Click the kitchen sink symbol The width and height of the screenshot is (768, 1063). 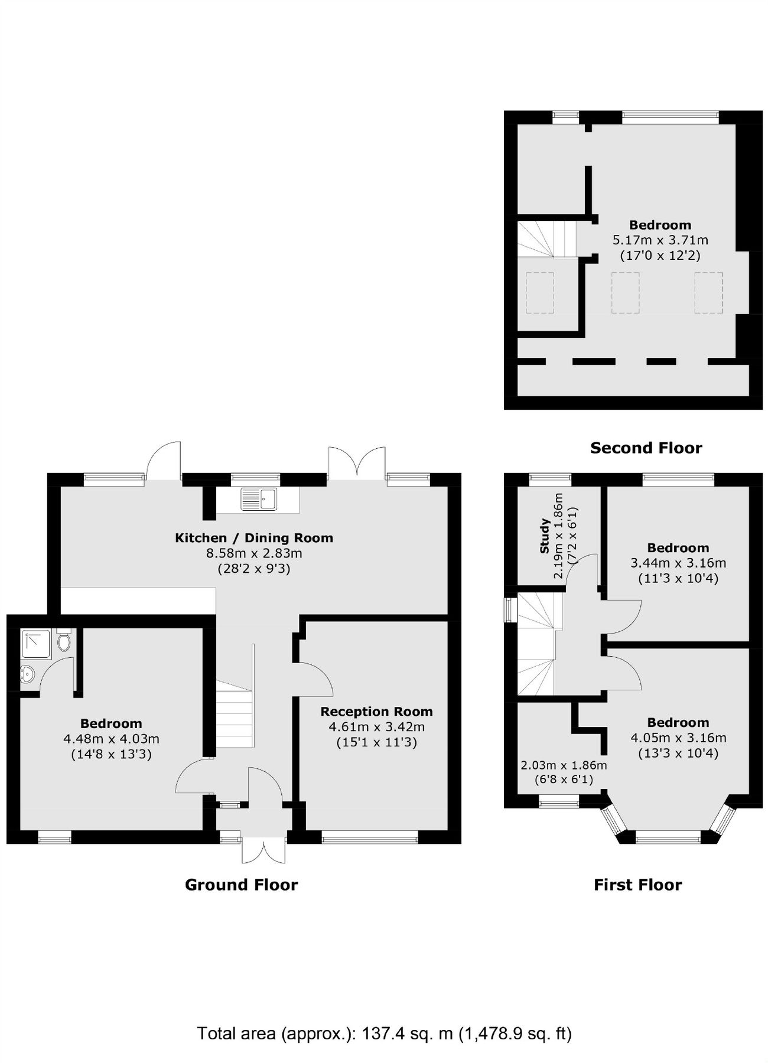(259, 499)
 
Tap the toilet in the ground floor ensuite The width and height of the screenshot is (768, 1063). (64, 641)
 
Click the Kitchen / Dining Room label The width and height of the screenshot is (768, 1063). (254, 538)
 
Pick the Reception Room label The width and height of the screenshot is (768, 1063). (376, 712)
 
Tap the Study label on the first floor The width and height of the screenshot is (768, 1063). (545, 536)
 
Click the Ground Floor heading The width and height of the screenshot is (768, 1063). (241, 885)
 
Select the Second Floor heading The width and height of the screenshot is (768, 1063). (646, 448)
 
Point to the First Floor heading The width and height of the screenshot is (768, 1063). (637, 885)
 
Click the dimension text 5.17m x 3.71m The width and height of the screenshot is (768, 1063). (660, 240)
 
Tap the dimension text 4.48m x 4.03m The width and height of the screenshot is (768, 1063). (111, 739)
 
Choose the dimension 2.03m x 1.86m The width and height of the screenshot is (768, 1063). (564, 765)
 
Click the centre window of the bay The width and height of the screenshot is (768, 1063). (668, 834)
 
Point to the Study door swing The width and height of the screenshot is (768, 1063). (582, 570)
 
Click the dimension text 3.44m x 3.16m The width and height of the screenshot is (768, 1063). (678, 563)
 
